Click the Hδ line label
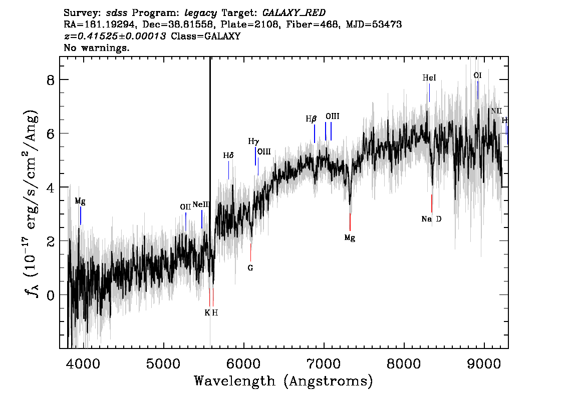coord(228,155)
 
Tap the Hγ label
coord(253,141)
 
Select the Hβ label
coord(311,118)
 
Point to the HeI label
coord(429,77)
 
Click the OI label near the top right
coord(477,75)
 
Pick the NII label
coord(496,111)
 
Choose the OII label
coord(185,207)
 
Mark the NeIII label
coord(201,204)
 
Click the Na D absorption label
coord(431,219)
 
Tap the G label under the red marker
coord(250,268)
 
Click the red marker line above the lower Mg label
coord(350,222)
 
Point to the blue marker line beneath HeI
coord(429,93)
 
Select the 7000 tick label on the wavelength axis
coord(324,363)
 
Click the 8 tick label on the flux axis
coord(51,80)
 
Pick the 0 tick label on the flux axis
coord(51,295)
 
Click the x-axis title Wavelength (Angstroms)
coord(283,381)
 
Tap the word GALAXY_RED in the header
coord(294,13)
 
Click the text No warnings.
coord(96,47)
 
